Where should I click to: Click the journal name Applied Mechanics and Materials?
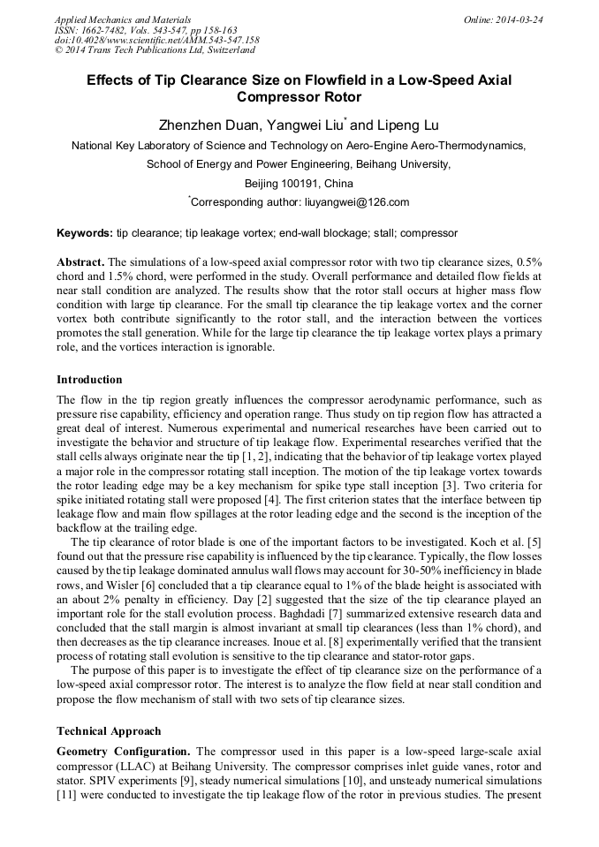[112, 19]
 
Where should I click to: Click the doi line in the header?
[156, 41]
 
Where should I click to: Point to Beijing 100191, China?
[299, 184]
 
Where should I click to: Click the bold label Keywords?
[85, 234]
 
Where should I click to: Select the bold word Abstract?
[80, 263]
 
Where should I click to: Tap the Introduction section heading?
[89, 380]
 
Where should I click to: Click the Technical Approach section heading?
[109, 731]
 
